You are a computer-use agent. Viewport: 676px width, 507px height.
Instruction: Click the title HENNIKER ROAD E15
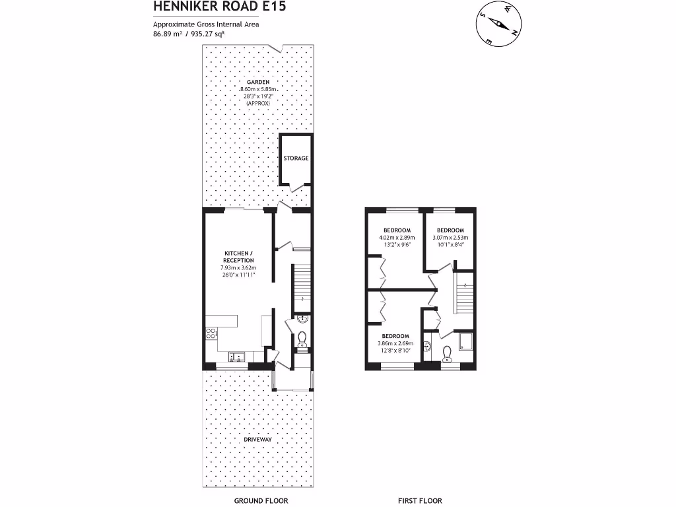coord(202,7)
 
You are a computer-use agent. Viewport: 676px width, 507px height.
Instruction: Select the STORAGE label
coord(296,158)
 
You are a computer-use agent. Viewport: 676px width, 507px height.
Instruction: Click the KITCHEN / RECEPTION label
coord(238,257)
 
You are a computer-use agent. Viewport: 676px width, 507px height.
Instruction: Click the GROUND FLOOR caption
coord(261,501)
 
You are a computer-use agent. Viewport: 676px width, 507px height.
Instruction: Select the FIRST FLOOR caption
coord(420,501)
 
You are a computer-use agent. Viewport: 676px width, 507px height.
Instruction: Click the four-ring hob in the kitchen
coord(212,333)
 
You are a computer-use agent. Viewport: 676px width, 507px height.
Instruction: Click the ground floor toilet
coord(302,339)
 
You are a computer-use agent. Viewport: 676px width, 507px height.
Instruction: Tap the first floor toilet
coord(447,355)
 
